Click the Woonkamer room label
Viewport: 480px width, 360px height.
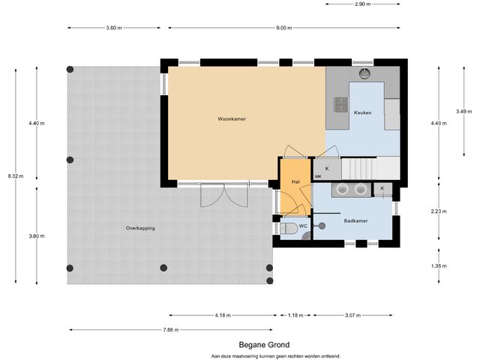click(232, 118)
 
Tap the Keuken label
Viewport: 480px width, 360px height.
click(363, 112)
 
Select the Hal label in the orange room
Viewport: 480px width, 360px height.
click(295, 181)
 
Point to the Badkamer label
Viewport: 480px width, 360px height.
click(355, 220)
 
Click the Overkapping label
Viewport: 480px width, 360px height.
click(140, 228)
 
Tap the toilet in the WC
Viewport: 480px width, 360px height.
click(289, 228)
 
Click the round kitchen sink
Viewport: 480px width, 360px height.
click(364, 73)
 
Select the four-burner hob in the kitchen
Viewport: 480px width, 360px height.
click(341, 104)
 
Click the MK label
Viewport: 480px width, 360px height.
click(318, 177)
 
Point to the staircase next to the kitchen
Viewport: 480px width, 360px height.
click(358, 168)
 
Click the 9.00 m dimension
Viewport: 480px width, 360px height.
click(284, 28)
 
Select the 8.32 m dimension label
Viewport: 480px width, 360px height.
click(16, 176)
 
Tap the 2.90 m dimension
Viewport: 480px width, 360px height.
click(363, 4)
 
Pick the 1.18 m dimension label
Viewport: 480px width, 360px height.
click(295, 315)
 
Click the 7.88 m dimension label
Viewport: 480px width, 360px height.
click(171, 330)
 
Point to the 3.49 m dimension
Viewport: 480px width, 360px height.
click(464, 112)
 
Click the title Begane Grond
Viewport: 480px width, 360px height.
click(264, 345)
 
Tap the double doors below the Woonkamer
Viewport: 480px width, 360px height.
click(224, 195)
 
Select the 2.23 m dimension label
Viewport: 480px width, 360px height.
click(439, 211)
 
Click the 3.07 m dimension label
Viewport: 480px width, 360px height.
click(352, 315)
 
